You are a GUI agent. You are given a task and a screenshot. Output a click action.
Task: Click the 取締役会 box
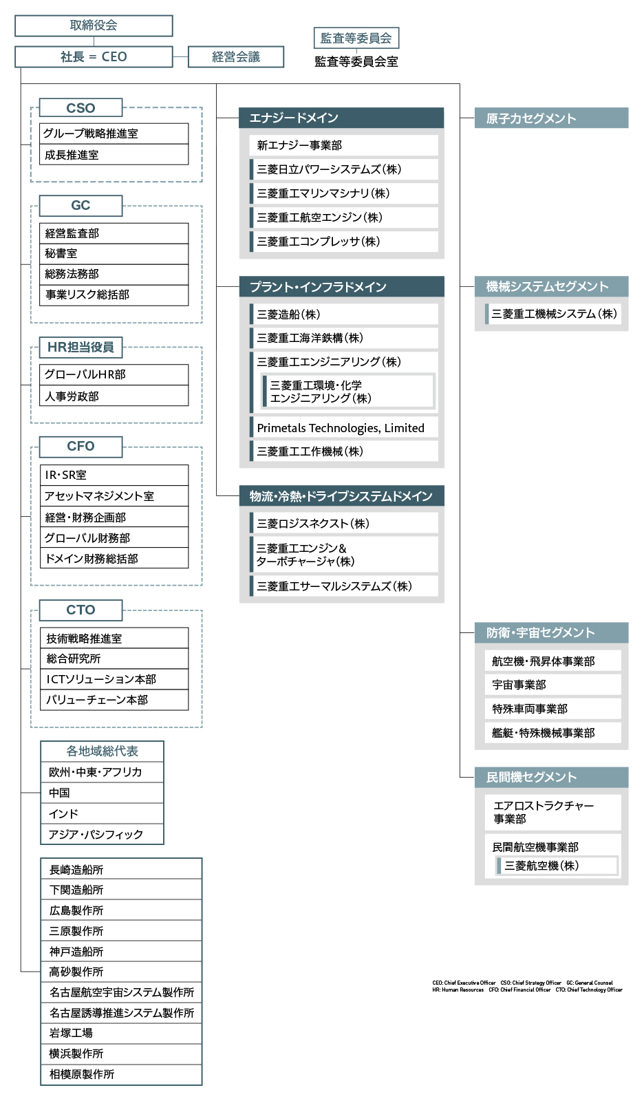[x=94, y=25]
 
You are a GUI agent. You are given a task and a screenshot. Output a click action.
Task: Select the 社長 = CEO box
[x=94, y=57]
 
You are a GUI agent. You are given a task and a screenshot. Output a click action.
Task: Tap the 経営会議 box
[x=236, y=57]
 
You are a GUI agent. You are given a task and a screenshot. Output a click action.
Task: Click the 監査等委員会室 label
[x=356, y=62]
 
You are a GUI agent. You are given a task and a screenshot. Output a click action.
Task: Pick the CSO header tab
[x=80, y=108]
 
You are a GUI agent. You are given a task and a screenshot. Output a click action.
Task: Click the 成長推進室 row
[x=114, y=155]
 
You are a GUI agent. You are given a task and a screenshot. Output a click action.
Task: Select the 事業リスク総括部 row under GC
[x=114, y=295]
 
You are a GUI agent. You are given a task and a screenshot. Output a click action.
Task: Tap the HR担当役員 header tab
[x=80, y=348]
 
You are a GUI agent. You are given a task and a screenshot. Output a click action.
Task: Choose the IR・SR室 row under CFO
[x=114, y=475]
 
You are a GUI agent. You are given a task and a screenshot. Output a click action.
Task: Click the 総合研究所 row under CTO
[x=114, y=659]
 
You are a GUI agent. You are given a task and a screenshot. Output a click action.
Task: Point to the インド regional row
[x=102, y=813]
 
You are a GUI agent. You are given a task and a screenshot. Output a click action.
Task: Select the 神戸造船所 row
[x=121, y=952]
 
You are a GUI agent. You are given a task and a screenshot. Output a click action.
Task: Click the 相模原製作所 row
[x=121, y=1074]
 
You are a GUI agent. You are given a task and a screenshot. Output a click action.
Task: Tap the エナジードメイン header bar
[x=341, y=118]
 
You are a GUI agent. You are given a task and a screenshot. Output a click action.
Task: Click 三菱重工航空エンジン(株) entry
[x=344, y=217]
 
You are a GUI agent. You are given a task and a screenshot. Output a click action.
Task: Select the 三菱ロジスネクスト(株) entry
[x=344, y=524]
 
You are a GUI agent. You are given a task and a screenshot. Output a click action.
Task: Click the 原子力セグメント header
[x=551, y=118]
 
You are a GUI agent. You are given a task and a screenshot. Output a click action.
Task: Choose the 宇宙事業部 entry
[x=552, y=685]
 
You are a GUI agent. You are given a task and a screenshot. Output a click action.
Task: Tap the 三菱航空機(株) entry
[x=556, y=866]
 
